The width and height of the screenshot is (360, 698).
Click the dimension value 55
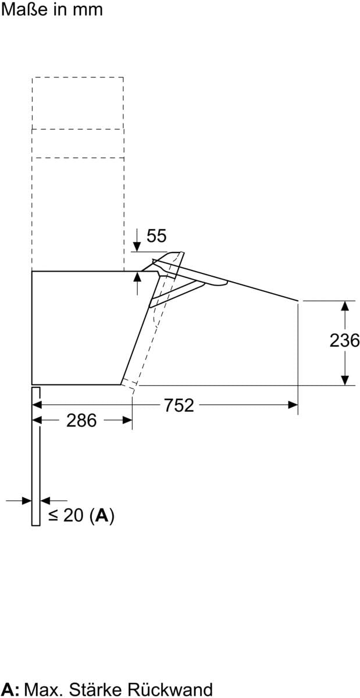pyautogui.click(x=156, y=236)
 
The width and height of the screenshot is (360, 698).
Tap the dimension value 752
pyautogui.click(x=179, y=405)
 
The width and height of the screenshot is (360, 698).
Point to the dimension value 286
pyautogui.click(x=81, y=421)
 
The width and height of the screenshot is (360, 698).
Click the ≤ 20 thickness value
pyautogui.click(x=66, y=515)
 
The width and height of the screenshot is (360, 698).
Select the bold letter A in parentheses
pyautogui.click(x=102, y=515)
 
